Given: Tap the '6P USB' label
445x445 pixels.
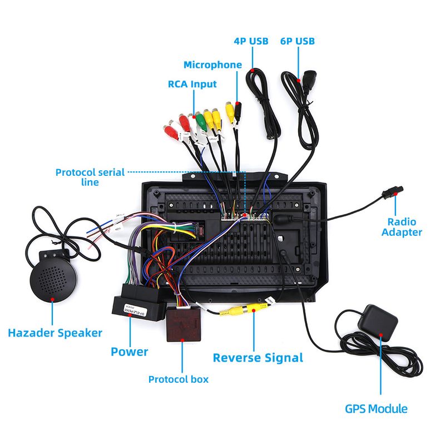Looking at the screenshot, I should pyautogui.click(x=298, y=41).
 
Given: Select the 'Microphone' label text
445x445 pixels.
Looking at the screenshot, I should pyautogui.click(x=212, y=65).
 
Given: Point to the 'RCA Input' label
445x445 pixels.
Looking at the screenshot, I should pyautogui.click(x=192, y=84).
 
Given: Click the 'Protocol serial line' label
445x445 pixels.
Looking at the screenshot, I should pyautogui.click(x=90, y=177).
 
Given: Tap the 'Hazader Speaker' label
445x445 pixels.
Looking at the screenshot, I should pyautogui.click(x=55, y=333).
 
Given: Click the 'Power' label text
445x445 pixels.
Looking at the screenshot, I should pyautogui.click(x=129, y=352).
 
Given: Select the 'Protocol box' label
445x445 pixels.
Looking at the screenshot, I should pyautogui.click(x=178, y=379).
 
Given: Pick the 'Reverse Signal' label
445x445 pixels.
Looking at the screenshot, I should pyautogui.click(x=258, y=357).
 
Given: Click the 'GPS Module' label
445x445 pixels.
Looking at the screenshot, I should pyautogui.click(x=376, y=409).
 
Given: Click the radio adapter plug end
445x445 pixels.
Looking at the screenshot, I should pyautogui.click(x=388, y=194).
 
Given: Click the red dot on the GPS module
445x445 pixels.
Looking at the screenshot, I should pyautogui.click(x=381, y=335).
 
